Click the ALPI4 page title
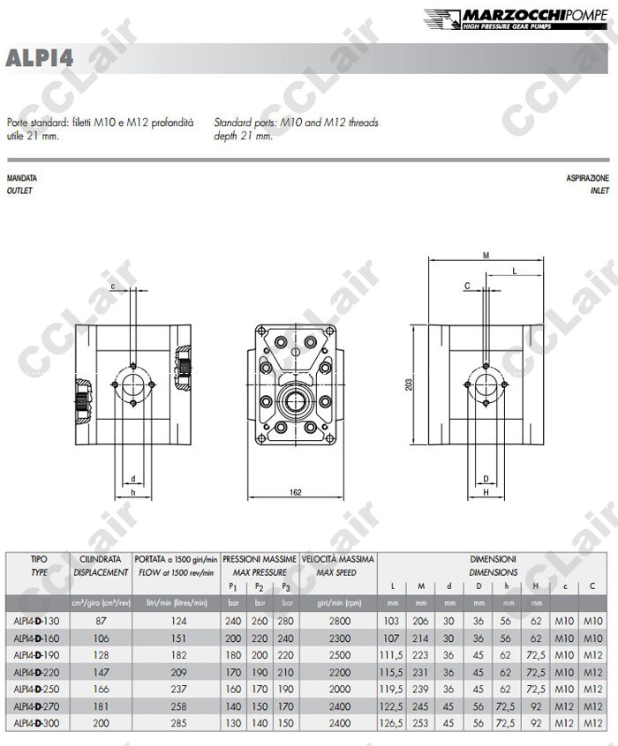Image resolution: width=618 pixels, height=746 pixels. [40, 58]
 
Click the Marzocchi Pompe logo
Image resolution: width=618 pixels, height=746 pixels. [516, 19]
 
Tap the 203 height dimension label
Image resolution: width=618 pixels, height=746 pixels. [409, 384]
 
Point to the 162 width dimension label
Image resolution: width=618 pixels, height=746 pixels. [296, 492]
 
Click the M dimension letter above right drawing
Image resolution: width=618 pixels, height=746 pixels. [486, 256]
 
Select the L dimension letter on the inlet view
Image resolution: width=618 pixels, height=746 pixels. [515, 272]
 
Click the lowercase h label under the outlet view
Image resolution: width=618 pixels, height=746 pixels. [133, 492]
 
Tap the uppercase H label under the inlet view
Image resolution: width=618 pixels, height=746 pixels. [486, 492]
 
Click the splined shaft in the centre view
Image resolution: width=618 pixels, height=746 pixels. [296, 400]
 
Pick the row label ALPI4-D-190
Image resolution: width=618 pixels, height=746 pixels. [37, 655]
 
